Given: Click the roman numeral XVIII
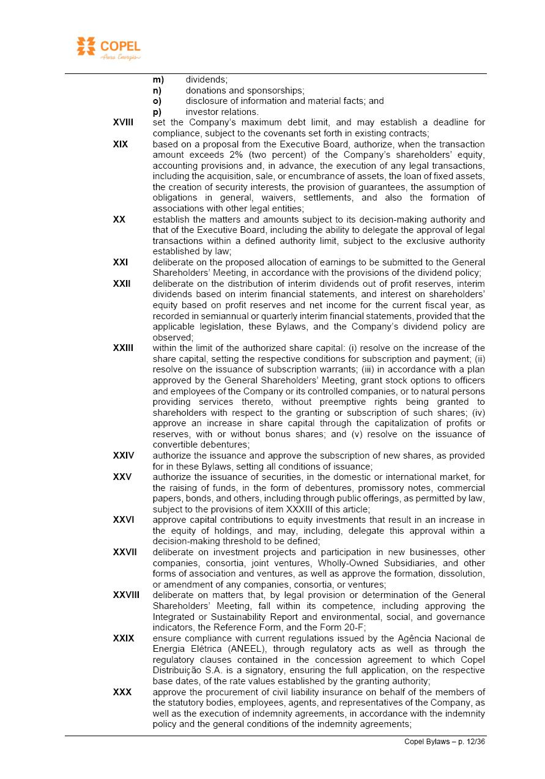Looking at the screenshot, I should point(123,123).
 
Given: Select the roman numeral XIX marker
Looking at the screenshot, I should point(120,144).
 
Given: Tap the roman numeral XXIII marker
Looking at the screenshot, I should point(123,348).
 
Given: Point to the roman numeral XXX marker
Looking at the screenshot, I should point(122,692).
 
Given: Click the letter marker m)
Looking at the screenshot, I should point(158,79).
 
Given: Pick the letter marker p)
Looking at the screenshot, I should point(157,112).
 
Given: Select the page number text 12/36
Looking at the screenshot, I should point(474,742).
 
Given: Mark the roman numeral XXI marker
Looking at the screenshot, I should point(120,262).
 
